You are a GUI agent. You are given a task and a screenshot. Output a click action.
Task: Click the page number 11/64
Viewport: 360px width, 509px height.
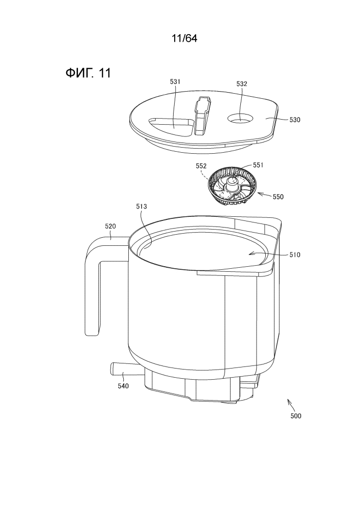(184, 39)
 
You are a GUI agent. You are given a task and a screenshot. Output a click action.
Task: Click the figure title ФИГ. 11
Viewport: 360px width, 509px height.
(88, 73)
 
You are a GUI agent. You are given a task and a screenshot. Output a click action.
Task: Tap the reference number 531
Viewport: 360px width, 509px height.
(175, 82)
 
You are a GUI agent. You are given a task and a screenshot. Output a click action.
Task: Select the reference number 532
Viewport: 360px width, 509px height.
(242, 84)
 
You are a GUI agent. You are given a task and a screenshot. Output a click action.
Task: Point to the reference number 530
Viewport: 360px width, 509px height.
(295, 120)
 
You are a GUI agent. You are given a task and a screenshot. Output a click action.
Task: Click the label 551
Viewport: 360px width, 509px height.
(258, 165)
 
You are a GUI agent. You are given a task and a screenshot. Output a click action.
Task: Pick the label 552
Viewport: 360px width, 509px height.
(201, 166)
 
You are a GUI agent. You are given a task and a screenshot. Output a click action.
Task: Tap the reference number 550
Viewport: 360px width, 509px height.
(278, 196)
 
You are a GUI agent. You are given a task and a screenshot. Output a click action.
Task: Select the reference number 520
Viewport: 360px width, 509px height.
(110, 227)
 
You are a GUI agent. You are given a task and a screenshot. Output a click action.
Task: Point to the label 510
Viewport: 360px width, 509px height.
(295, 255)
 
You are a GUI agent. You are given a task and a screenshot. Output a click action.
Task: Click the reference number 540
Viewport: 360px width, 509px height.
(123, 386)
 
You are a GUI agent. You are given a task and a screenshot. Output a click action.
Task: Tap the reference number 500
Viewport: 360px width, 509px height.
(296, 416)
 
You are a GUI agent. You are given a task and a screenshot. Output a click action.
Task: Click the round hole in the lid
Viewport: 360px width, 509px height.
(240, 118)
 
